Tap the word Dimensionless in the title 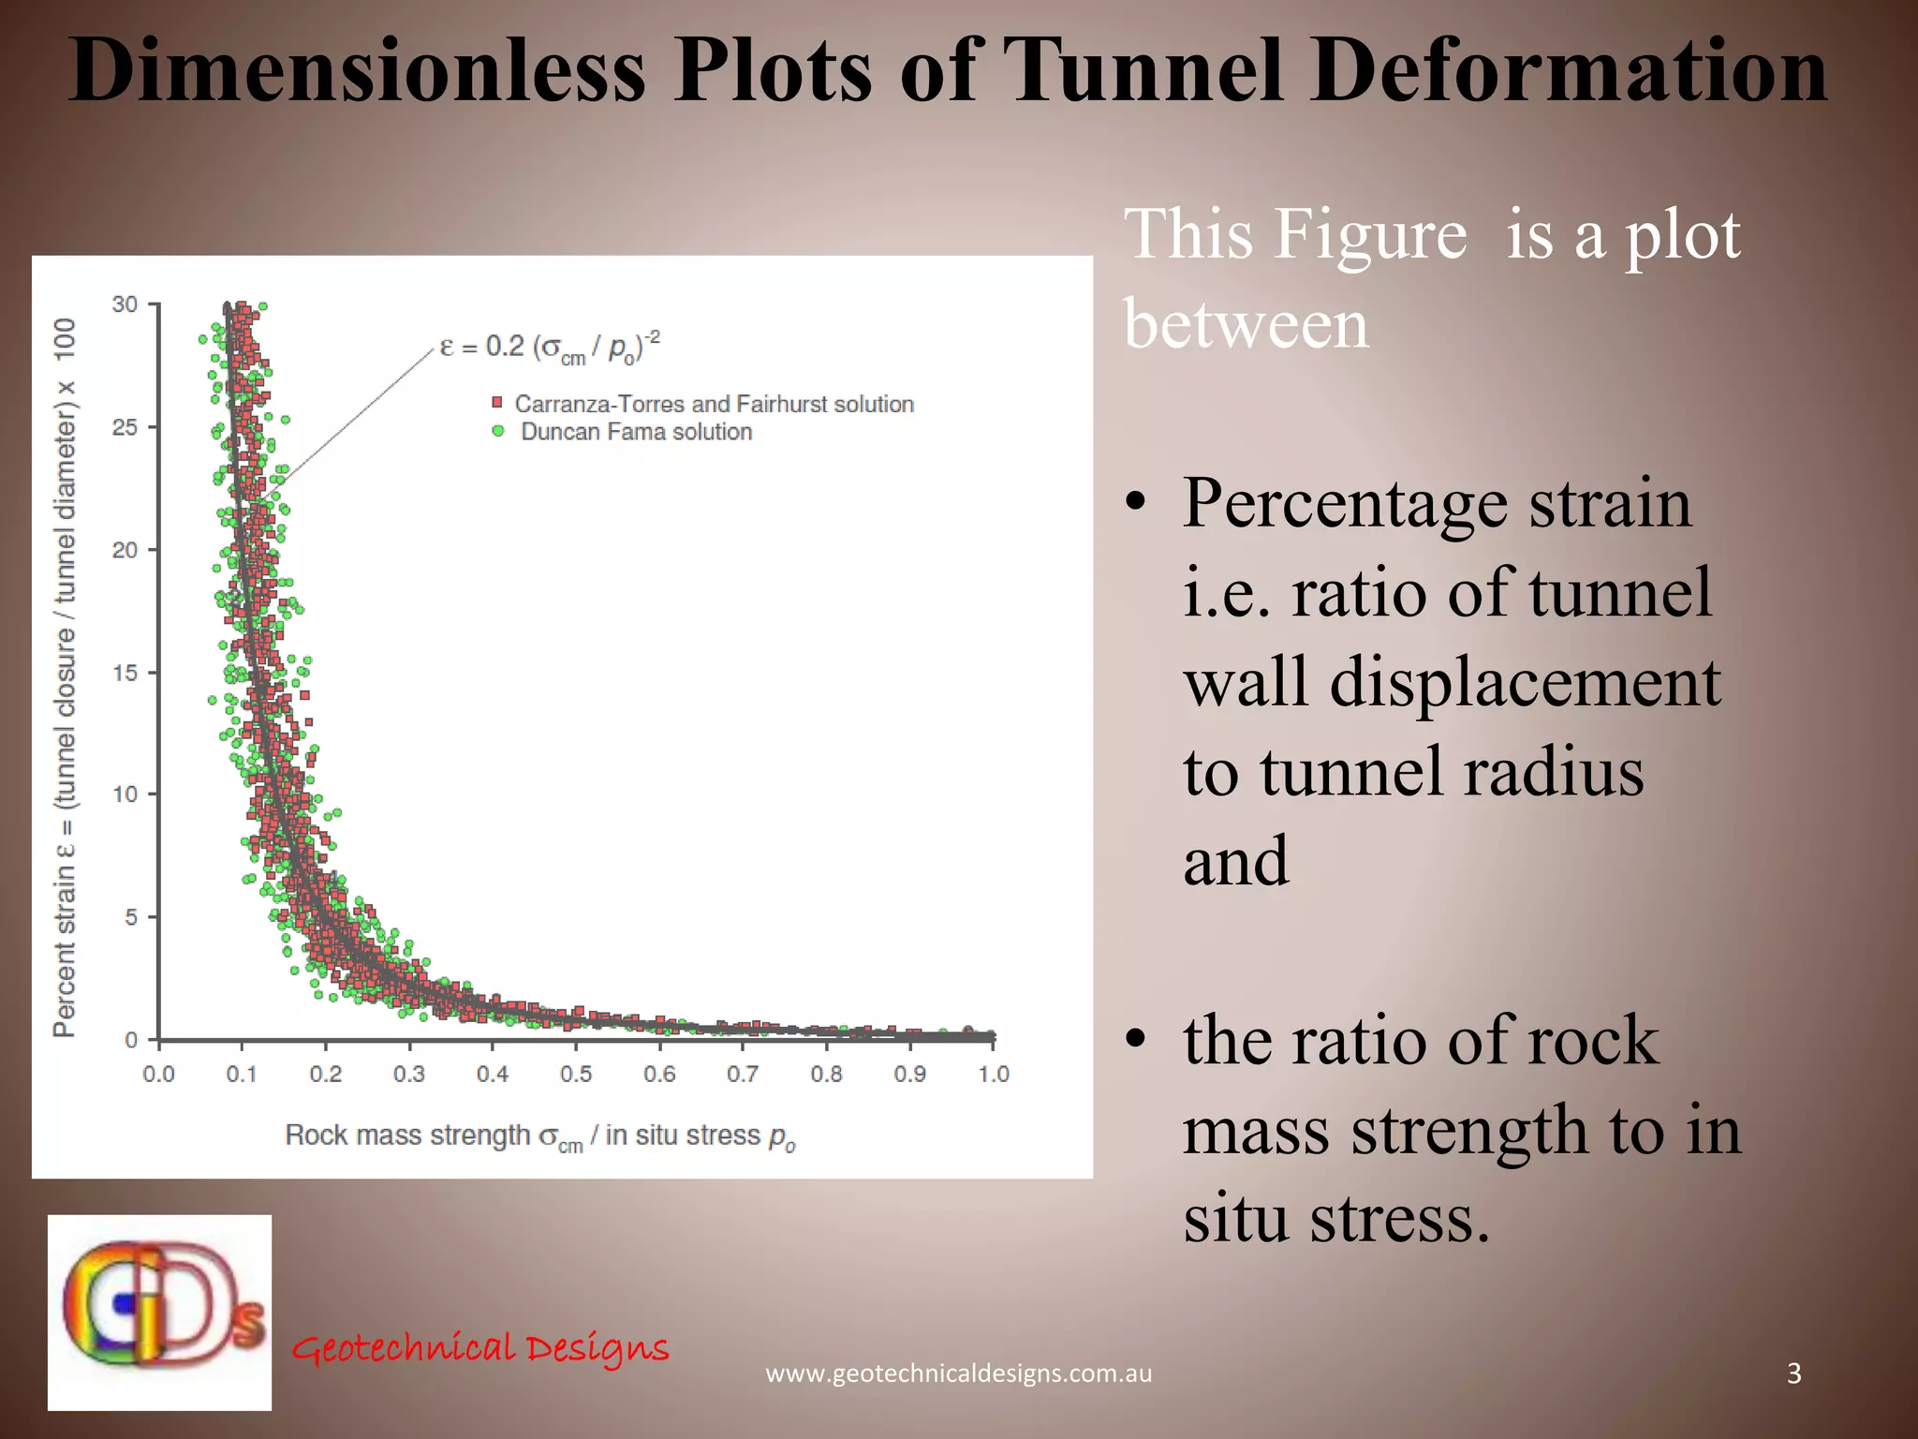357,71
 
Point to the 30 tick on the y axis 125,304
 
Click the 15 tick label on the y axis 125,673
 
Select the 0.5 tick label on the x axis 576,1075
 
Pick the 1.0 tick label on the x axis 994,1075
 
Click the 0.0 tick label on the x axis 158,1075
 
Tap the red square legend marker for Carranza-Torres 497,403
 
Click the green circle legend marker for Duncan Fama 498,431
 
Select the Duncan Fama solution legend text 637,432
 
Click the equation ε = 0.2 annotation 550,348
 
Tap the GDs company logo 160,1313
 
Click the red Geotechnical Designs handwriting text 480,1348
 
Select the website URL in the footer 959,1373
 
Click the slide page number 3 1794,1373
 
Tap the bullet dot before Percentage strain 1136,504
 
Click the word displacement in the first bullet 1525,682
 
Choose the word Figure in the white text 1370,234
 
